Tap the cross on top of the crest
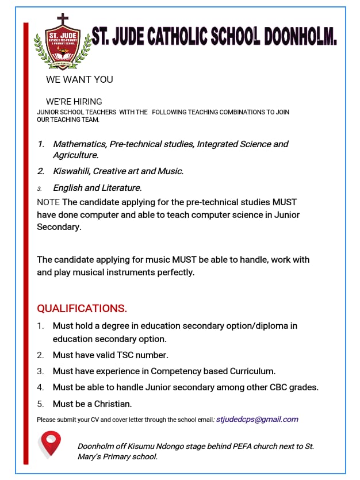(62, 19)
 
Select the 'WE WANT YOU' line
(79, 79)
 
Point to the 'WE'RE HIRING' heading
(74, 102)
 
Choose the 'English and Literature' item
(97, 187)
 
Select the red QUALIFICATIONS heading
(82, 308)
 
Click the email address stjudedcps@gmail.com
(257, 420)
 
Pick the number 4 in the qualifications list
(40, 387)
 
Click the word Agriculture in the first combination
(75, 155)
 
